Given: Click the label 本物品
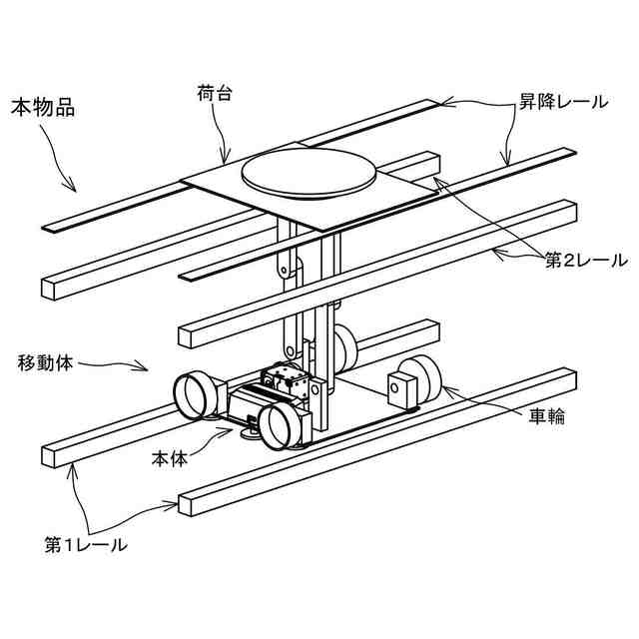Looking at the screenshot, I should pos(41,105).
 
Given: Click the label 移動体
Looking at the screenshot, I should pos(46,359).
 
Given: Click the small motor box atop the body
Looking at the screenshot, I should pos(283,378).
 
